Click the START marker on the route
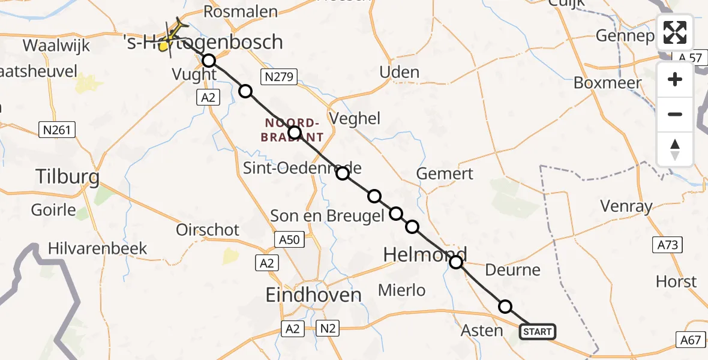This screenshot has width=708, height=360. (x=537, y=331)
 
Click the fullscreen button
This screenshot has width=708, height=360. (x=675, y=32)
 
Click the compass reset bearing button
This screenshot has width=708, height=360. (x=675, y=149)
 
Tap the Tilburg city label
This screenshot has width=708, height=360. (x=67, y=177)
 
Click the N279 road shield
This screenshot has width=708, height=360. (x=275, y=76)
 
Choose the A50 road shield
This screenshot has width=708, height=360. (x=290, y=240)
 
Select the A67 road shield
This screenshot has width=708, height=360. (x=690, y=340)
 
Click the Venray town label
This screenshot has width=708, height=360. (x=626, y=207)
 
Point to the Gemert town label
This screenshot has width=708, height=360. (x=445, y=174)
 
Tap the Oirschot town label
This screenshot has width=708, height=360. (x=208, y=230)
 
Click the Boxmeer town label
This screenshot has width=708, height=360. (x=607, y=83)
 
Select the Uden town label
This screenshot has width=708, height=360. (x=399, y=73)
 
